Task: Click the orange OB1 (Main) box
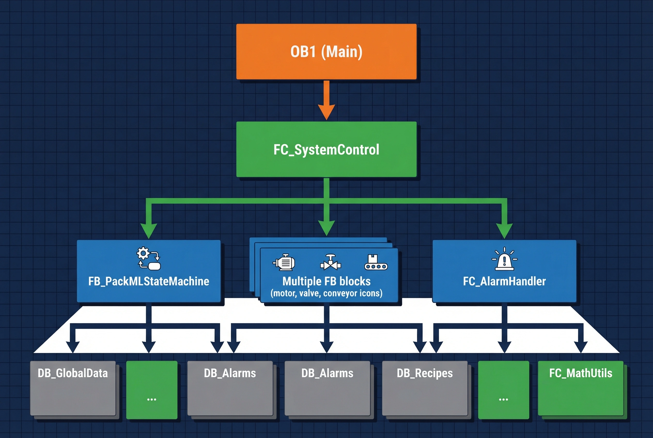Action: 326,52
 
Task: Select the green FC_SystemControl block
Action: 326,149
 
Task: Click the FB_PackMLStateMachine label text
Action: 149,281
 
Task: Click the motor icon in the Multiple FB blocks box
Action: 284,263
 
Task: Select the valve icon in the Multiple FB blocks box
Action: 331,263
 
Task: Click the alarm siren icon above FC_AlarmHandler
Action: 504,260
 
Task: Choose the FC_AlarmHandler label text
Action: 504,281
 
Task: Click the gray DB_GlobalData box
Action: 73,388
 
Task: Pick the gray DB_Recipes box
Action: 425,388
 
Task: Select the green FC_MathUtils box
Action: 581,388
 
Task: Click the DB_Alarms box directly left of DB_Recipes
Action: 327,388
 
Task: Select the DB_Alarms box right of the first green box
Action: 230,388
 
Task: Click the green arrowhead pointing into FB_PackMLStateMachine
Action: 149,230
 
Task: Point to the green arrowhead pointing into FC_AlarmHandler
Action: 504,230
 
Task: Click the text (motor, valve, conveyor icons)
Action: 326,293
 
